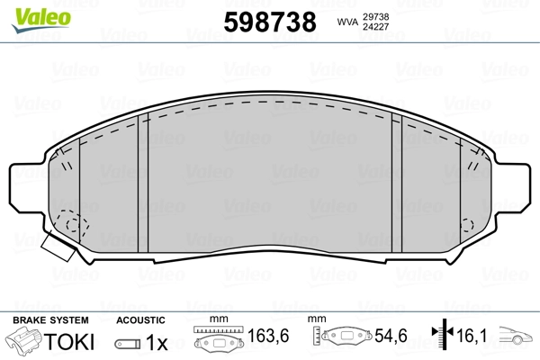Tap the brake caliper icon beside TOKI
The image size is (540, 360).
point(24,342)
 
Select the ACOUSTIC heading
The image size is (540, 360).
point(141,320)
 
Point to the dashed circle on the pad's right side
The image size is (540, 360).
point(467,226)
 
